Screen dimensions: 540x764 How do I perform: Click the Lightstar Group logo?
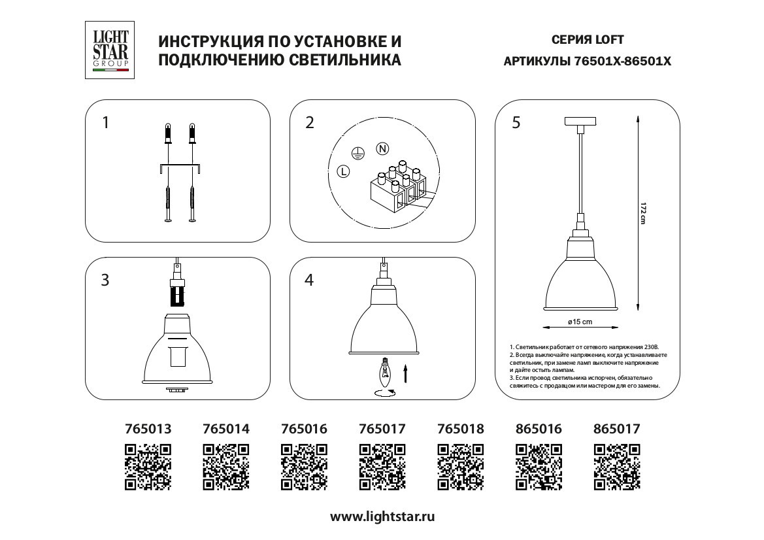(110, 50)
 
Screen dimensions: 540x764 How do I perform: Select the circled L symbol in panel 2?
(344, 172)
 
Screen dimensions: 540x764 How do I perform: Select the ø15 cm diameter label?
(580, 322)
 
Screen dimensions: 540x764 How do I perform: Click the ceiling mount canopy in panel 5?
(580, 122)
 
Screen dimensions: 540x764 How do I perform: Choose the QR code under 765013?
(148, 467)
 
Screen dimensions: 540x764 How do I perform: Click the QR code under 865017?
(616, 467)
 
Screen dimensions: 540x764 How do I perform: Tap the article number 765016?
(304, 429)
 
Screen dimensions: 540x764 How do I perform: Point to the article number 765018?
(461, 429)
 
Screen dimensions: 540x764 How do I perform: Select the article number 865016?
(539, 429)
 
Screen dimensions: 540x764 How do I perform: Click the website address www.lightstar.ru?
(382, 516)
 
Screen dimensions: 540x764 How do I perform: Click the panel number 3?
(105, 280)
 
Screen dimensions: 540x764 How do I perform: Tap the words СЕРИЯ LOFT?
(588, 40)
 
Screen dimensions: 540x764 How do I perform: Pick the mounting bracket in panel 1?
(180, 169)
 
